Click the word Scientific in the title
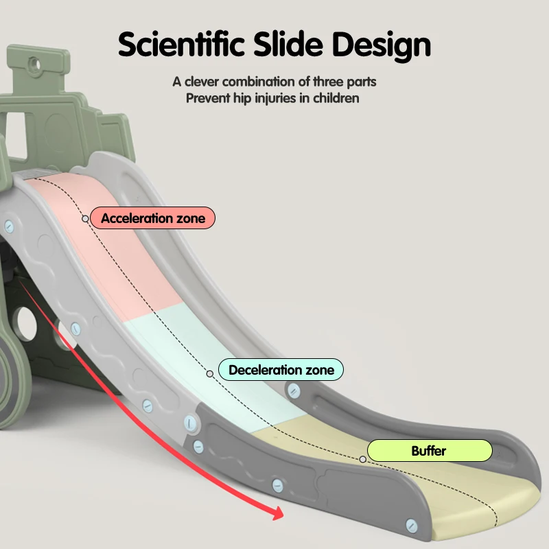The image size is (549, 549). (181, 45)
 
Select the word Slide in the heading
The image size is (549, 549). (288, 45)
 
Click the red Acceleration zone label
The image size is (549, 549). (152, 218)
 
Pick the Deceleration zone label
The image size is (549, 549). (281, 370)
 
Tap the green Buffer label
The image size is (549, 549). (430, 451)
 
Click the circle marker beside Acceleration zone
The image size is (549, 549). (85, 219)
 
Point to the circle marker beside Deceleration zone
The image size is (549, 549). (210, 374)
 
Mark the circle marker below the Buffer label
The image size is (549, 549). (363, 459)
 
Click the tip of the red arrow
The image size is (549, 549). (283, 515)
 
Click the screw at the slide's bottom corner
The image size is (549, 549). (411, 526)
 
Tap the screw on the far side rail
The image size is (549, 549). (294, 390)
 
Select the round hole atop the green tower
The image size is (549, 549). (35, 65)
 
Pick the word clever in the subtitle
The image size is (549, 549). (202, 82)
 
